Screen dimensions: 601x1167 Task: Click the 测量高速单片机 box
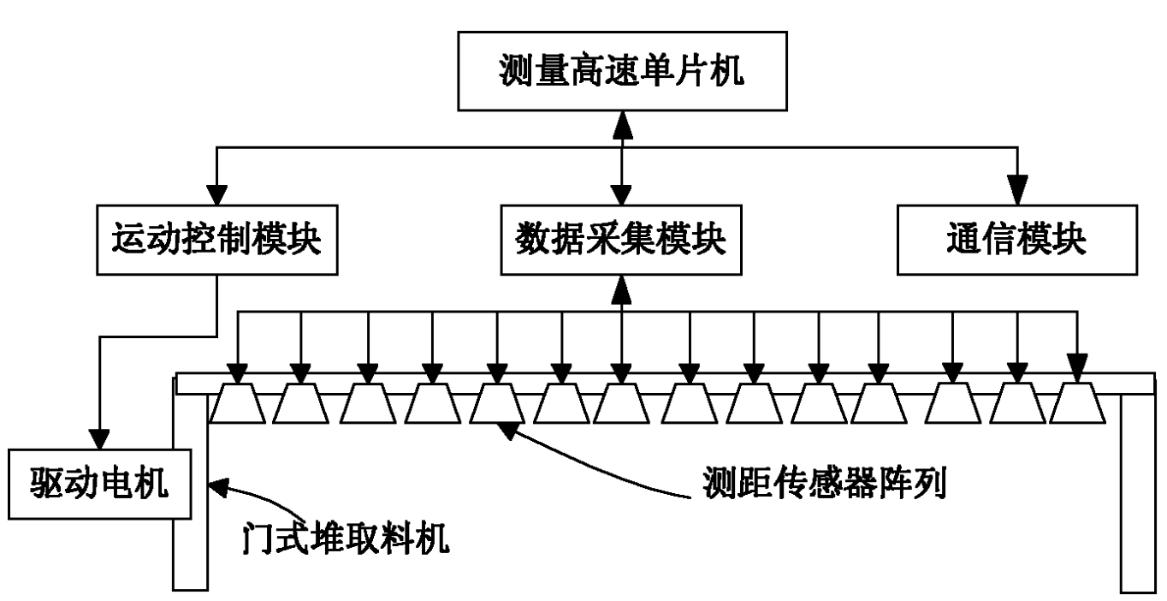click(622, 72)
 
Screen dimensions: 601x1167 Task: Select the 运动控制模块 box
click(216, 241)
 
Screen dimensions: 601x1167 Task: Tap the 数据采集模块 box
click(622, 241)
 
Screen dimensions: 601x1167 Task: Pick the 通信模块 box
click(1016, 241)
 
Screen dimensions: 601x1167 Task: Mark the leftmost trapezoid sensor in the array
click(238, 403)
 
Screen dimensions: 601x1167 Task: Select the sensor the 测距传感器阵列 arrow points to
click(496, 403)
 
